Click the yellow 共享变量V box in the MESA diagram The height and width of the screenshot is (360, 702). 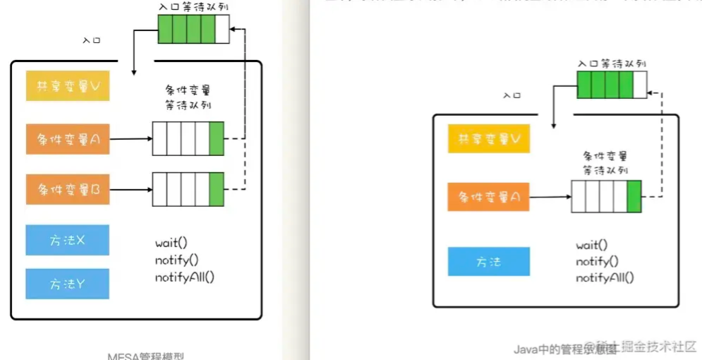click(x=67, y=85)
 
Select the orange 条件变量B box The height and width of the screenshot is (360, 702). click(x=67, y=189)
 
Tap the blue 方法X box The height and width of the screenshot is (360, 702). click(x=67, y=241)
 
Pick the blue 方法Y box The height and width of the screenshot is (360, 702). click(x=67, y=284)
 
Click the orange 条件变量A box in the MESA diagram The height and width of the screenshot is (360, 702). click(x=67, y=140)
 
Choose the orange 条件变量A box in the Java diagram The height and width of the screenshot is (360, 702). click(x=489, y=197)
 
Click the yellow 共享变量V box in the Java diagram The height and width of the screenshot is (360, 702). click(x=489, y=139)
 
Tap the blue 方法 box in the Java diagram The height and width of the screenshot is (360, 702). click(x=489, y=261)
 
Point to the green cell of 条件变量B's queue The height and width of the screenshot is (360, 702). click(x=217, y=189)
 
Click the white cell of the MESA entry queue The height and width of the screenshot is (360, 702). click(x=222, y=30)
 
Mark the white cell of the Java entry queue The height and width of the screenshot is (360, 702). click(x=640, y=85)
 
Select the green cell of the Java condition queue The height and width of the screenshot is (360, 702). click(x=634, y=197)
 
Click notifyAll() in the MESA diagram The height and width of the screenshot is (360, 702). click(x=184, y=277)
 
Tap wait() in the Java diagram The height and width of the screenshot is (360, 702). click(x=591, y=245)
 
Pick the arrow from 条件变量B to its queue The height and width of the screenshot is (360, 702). click(x=131, y=189)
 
